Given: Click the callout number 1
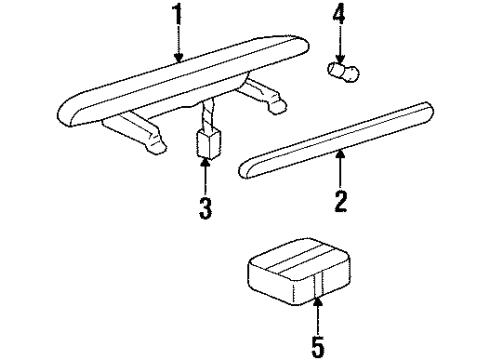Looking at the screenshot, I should pos(180,17).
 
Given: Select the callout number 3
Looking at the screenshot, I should pos(204,209).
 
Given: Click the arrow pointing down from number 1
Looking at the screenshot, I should pos(180,48).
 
